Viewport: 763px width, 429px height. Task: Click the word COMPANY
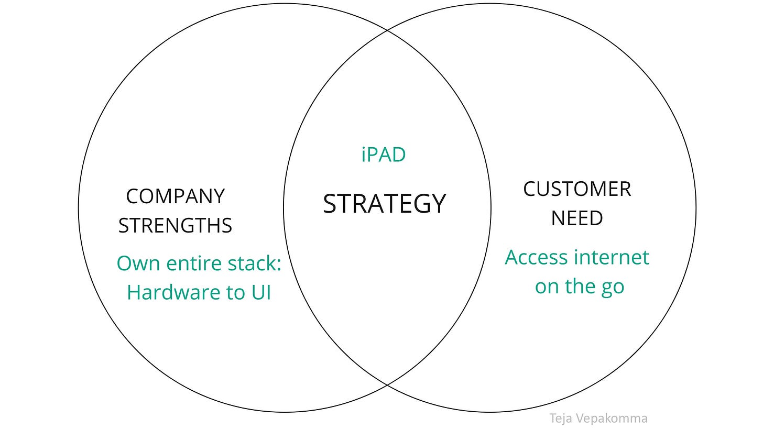[175, 196]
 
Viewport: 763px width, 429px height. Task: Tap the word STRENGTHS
[175, 225]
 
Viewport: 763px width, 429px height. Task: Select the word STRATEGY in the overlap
[384, 204]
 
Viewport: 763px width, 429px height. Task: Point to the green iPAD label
[384, 155]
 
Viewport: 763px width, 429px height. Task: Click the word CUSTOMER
[577, 189]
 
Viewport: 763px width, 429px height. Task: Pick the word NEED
[576, 218]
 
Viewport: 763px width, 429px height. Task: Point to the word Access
[536, 257]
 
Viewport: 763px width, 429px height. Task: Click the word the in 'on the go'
[579, 287]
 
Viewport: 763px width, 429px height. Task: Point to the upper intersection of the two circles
[387, 31]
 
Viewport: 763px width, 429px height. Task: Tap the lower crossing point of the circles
[387, 385]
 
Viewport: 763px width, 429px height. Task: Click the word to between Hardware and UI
[233, 292]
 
